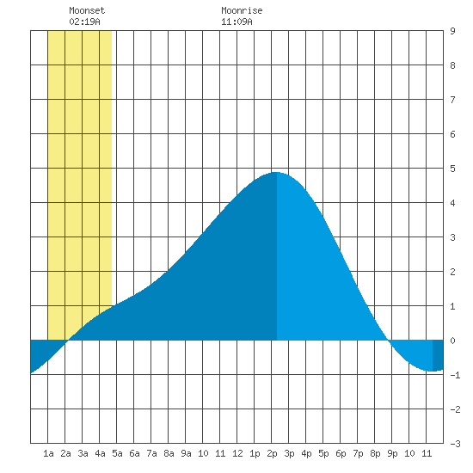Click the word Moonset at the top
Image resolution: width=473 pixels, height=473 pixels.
coord(87,10)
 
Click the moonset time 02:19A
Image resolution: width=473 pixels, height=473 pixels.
coord(84,21)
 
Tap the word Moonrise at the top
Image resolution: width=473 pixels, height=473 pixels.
coord(242,10)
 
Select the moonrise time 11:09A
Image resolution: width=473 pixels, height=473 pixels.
coord(236,21)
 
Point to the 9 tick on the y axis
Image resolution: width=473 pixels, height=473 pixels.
coord(452,31)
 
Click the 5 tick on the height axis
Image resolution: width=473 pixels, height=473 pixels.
coord(452,169)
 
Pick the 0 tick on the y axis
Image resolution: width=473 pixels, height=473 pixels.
coord(452,341)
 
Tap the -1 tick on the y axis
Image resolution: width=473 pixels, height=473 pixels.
coord(455,375)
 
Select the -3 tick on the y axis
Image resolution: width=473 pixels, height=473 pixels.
coord(455,444)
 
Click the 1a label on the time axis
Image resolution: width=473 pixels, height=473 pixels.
coord(48,453)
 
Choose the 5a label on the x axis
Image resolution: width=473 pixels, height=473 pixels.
coord(117,453)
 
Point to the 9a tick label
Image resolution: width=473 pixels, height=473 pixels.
coord(186,453)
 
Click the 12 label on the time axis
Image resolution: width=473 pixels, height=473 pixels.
coord(237,453)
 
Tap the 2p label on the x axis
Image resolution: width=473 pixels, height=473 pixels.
coord(272,453)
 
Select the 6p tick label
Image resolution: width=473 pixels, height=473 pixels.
coord(341,453)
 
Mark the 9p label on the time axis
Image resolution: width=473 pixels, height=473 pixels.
coord(392,453)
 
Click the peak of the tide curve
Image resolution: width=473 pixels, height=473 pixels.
coord(277,172)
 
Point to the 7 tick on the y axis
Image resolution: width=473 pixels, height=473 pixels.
coord(452,100)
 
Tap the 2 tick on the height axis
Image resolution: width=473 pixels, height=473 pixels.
coord(452,272)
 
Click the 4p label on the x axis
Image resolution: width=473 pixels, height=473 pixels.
coord(306,453)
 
